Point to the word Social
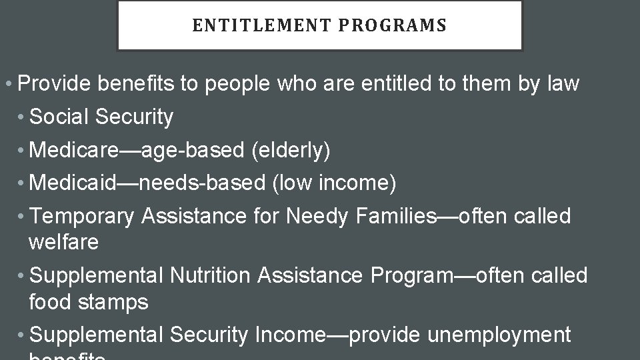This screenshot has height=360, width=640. pyautogui.click(x=60, y=117)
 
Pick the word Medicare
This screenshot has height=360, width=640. pyautogui.click(x=74, y=150)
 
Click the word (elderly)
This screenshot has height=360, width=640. pyautogui.click(x=291, y=150)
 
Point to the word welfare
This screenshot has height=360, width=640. pyautogui.click(x=63, y=242)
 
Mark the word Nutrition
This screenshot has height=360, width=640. pyautogui.click(x=210, y=275)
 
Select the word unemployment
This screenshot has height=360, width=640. pyautogui.click(x=499, y=334)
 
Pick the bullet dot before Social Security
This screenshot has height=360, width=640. pyautogui.click(x=23, y=118)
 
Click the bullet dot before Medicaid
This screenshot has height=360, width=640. pyautogui.click(x=23, y=183)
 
